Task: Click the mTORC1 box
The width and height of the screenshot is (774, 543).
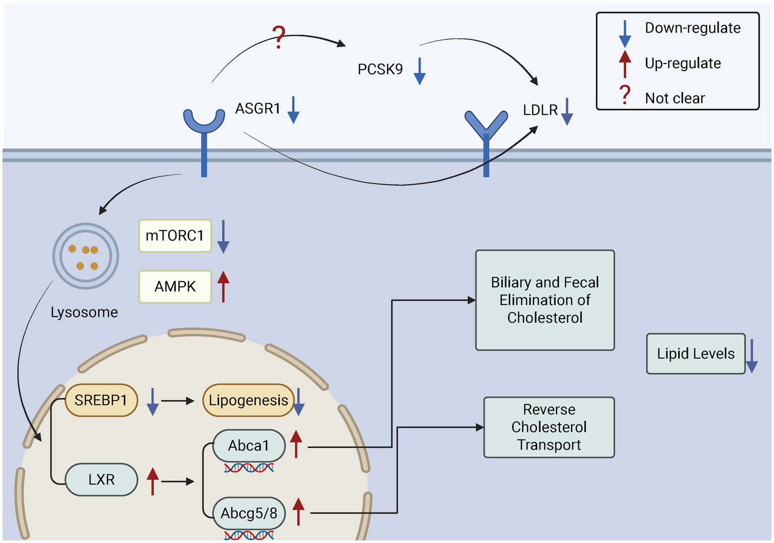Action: pos(174,235)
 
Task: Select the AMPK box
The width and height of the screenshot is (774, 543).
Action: pos(174,286)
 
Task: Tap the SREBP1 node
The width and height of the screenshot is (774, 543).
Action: pos(101,400)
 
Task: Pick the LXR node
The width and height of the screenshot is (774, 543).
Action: pos(101,479)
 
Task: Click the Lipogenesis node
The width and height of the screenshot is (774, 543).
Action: pos(248,400)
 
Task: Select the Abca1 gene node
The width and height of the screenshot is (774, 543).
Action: pos(249,446)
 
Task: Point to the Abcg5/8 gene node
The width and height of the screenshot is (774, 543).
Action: pos(249,513)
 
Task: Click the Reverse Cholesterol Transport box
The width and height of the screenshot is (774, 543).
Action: pos(549,427)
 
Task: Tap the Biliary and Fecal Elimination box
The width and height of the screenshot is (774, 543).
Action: pos(545,300)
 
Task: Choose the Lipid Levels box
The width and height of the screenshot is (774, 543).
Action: pos(695,353)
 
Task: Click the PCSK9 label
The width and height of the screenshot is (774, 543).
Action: pos(380,69)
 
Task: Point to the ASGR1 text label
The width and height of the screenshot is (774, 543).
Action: pos(258,108)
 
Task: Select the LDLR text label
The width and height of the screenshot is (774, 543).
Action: pos(540,110)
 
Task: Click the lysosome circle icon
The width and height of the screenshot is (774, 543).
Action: pos(86,256)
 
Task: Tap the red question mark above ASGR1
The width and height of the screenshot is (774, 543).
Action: pos(278,37)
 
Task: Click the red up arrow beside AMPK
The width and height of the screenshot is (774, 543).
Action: pos(223,286)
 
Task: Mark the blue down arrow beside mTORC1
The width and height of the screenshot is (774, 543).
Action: pos(223,236)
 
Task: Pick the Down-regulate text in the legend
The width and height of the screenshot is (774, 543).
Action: pos(693,28)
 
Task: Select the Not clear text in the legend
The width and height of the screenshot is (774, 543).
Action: pos(675,98)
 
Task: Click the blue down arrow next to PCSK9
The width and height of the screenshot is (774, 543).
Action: pos(420,71)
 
